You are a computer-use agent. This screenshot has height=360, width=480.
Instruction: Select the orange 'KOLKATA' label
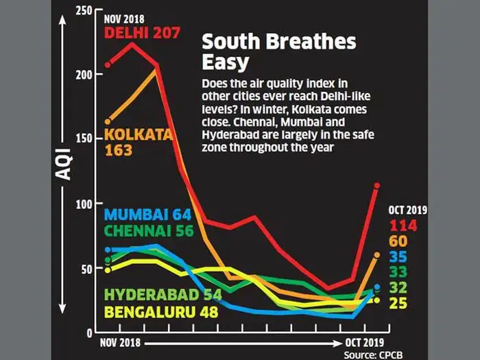[x=138, y=135]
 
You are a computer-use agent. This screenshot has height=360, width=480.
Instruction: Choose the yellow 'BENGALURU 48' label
[x=160, y=312]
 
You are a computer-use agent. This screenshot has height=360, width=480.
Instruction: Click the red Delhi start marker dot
[x=108, y=65]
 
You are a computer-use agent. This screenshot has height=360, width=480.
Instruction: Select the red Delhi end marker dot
[x=376, y=185]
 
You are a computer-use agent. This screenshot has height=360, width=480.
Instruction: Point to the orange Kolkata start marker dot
[x=108, y=121]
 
